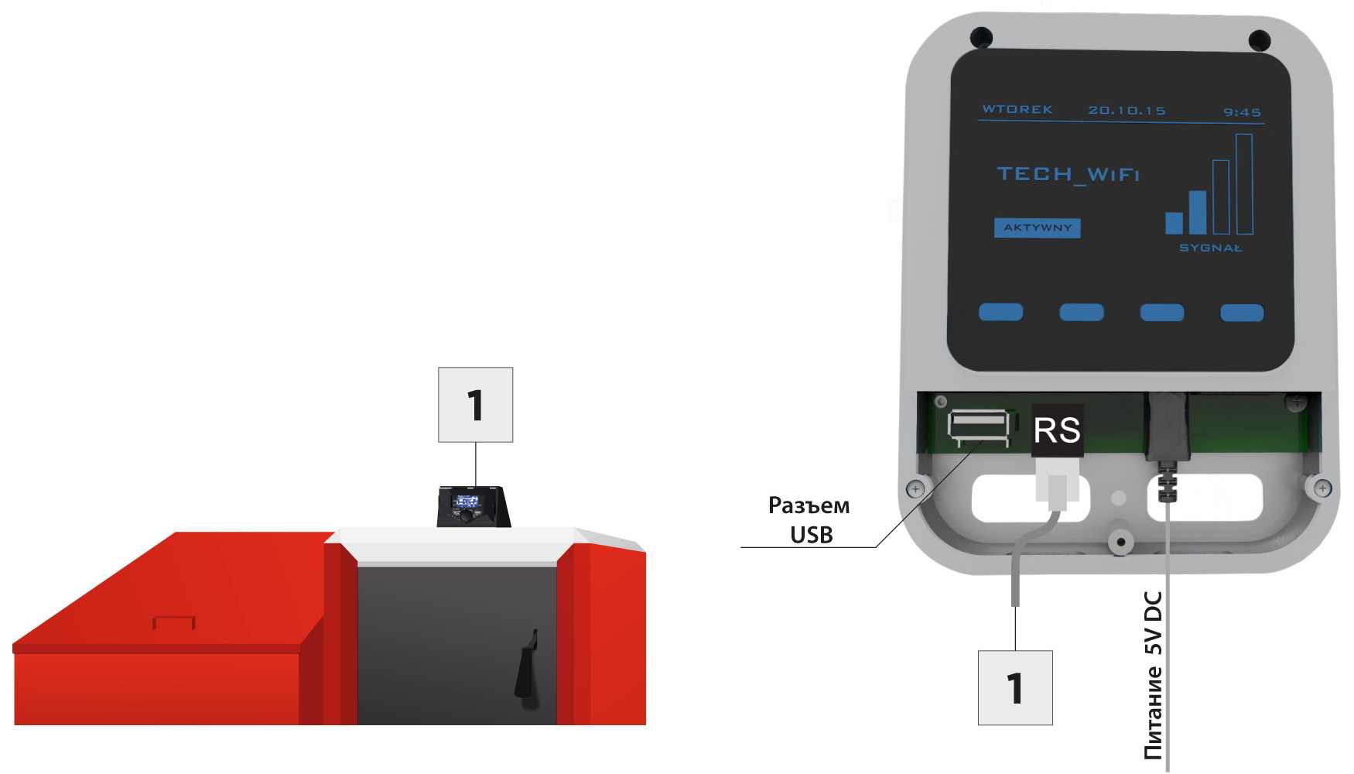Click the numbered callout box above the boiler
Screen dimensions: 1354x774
[476, 405]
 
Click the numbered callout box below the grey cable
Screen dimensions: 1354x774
[1015, 688]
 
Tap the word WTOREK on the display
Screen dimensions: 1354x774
[1017, 109]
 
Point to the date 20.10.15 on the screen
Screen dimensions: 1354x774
[1127, 111]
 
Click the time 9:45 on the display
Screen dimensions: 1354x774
[1242, 112]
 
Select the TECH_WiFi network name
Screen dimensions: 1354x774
[1068, 174]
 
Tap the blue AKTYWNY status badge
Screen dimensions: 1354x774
[1038, 228]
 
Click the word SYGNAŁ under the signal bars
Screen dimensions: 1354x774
[1210, 248]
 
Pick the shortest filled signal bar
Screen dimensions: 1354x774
[1174, 223]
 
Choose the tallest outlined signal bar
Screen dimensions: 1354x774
[1244, 184]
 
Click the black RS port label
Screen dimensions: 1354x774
[1058, 430]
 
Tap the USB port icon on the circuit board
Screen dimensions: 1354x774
[979, 428]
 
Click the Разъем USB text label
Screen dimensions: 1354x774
[809, 520]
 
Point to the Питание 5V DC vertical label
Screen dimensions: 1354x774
[1153, 675]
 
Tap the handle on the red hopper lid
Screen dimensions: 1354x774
[174, 622]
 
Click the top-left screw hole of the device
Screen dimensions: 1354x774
[981, 36]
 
